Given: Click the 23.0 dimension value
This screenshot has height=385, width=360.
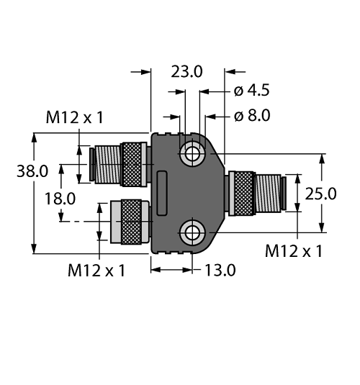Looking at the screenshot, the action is [x=186, y=72].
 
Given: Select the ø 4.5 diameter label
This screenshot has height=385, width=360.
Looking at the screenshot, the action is [x=251, y=90].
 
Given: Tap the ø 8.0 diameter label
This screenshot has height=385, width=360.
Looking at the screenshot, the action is [x=252, y=115].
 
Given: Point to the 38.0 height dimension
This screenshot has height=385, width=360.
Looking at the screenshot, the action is [x=32, y=171].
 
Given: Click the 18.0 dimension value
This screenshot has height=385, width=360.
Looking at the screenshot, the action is [x=60, y=199].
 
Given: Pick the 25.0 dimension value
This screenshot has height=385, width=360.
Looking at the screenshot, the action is [x=320, y=194].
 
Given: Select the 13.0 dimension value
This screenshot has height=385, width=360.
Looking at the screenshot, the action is [x=220, y=270].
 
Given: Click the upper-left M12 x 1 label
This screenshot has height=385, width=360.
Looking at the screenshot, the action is [x=74, y=117].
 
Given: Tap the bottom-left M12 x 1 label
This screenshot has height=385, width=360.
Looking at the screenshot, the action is [x=96, y=271].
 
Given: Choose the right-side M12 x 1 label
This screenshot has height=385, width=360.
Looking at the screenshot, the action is [x=294, y=251].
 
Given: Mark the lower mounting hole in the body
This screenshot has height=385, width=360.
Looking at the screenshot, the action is [x=192, y=232].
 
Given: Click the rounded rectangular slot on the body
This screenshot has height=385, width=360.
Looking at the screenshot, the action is [x=162, y=193].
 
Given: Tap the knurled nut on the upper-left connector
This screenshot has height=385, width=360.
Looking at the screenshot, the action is [x=132, y=164].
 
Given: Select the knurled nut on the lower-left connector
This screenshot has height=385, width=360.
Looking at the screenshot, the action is [x=132, y=222].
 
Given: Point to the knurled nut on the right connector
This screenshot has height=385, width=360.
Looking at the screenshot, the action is [x=244, y=194].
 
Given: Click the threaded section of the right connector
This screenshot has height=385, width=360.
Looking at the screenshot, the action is [x=268, y=194].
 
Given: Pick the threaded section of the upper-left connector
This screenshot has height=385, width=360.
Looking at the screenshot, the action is [x=107, y=164].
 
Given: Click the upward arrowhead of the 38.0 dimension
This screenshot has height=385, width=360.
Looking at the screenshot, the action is [x=34, y=137].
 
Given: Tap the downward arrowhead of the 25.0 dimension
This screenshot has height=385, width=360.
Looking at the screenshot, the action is [x=322, y=227].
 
